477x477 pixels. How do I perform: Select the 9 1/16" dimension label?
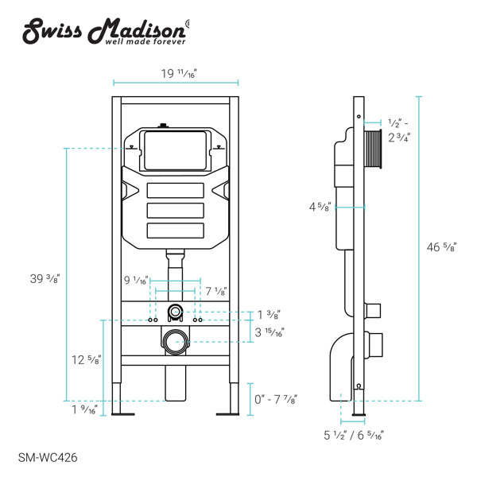point(137,280)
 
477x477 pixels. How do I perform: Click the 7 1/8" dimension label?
point(214,291)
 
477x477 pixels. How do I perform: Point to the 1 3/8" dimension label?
point(269,314)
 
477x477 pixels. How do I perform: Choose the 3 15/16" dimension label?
point(270,332)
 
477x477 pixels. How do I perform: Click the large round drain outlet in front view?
point(174,343)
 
